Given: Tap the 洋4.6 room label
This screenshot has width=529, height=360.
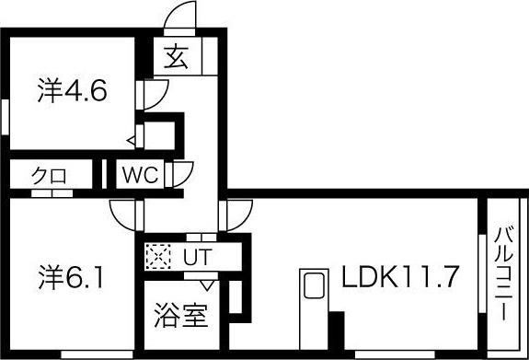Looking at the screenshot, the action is [74, 92].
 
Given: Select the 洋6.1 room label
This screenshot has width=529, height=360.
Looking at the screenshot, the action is [74, 275].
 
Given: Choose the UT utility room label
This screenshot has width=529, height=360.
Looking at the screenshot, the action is [194, 256].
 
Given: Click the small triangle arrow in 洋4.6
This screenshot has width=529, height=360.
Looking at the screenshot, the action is [132, 140].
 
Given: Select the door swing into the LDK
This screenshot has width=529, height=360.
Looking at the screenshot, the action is [229, 215].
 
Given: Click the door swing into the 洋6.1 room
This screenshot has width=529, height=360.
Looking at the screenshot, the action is [122, 215].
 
